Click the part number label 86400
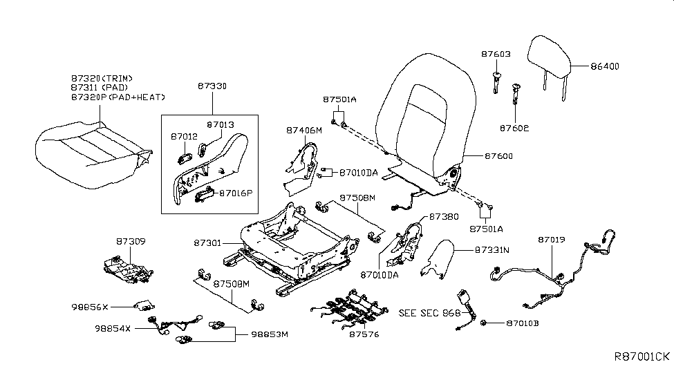click(604, 66)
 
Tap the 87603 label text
click(496, 53)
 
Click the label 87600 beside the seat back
click(480, 157)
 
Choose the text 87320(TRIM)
click(101, 79)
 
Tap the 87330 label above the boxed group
click(212, 86)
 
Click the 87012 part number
click(184, 137)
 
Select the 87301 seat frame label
click(207, 243)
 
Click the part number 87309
click(131, 242)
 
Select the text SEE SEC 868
click(429, 313)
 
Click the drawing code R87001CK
click(641, 356)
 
